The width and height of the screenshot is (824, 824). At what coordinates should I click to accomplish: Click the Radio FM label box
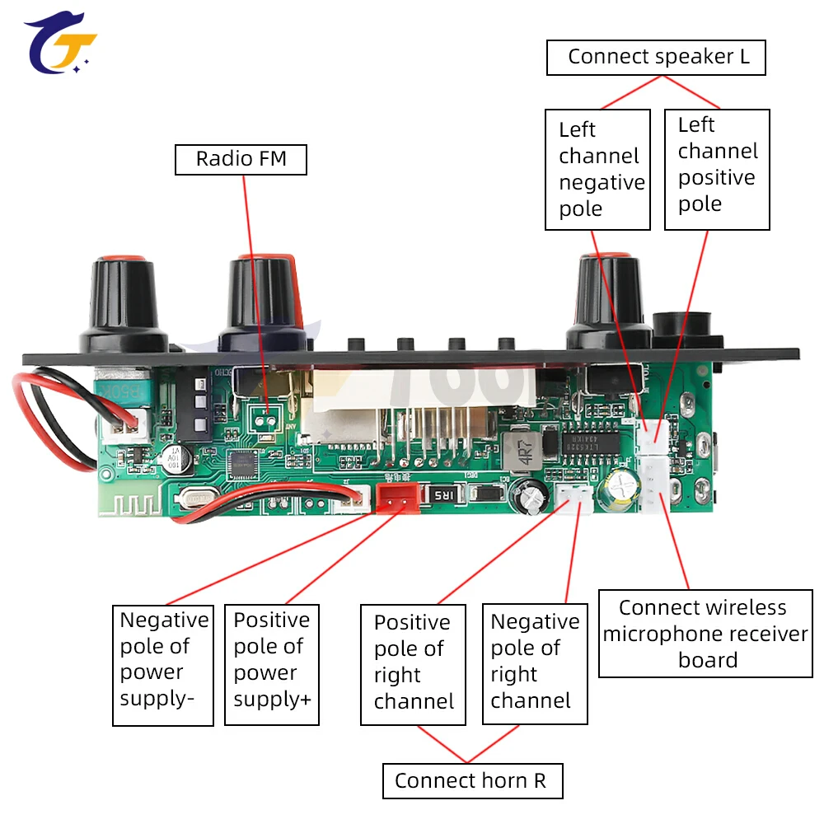(241, 159)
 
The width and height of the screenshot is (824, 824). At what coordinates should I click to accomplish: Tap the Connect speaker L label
(657, 58)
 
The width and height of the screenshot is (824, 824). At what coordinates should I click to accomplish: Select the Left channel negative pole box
(598, 169)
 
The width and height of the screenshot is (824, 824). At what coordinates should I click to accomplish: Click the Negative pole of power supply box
(163, 665)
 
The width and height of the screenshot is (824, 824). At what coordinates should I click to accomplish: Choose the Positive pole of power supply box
(272, 665)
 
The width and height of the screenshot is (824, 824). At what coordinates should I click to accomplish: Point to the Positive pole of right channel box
(414, 665)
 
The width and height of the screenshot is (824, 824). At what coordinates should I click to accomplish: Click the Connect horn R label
(472, 780)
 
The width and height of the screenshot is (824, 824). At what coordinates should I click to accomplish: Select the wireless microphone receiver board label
(705, 634)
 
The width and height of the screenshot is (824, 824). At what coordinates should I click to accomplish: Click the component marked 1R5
(441, 494)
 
